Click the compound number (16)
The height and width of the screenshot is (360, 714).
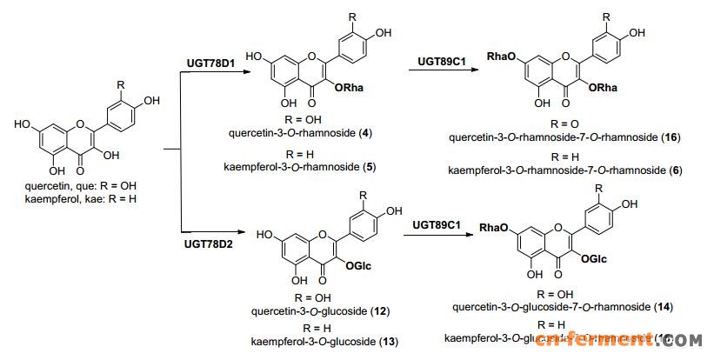[671, 137]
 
